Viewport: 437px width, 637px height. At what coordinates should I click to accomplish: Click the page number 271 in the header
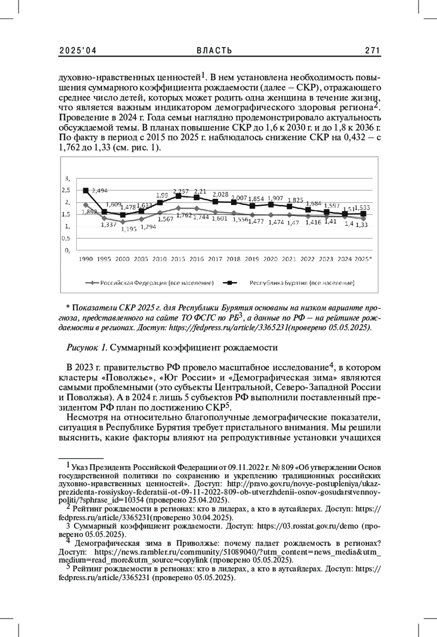pos(373,51)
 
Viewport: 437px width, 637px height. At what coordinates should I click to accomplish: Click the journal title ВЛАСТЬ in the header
pos(214,51)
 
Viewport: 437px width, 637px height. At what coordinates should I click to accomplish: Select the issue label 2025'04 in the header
pos(78,51)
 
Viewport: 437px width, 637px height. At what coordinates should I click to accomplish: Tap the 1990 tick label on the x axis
pos(86,259)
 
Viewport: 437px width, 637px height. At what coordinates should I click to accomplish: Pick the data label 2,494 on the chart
pos(99,190)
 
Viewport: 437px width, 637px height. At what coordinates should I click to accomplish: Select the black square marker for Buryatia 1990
pos(86,190)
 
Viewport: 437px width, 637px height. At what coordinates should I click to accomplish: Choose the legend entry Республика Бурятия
pos(302,283)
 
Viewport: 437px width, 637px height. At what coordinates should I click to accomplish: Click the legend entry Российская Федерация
pos(157,283)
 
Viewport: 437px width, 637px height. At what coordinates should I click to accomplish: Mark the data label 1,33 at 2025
pos(362,225)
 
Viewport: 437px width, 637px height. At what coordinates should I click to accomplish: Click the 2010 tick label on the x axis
pos(160,259)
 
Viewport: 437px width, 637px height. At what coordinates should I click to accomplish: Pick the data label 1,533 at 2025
pos(365,207)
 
